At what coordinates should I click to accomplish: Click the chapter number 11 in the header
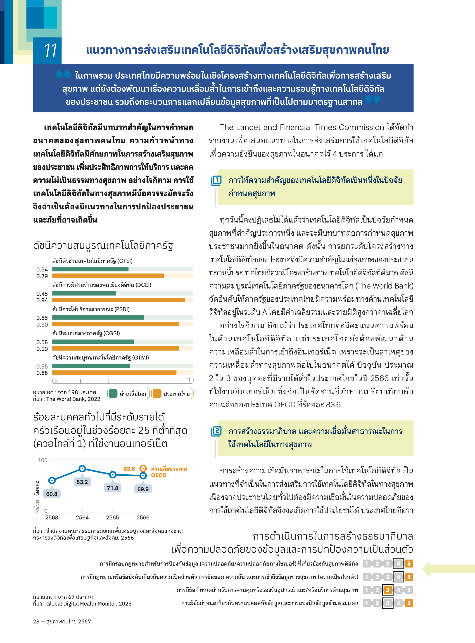click(51, 50)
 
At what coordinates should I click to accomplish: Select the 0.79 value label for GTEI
click(42, 276)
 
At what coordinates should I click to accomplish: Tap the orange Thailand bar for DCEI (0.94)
click(118, 300)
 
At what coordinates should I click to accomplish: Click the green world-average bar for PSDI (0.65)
click(98, 318)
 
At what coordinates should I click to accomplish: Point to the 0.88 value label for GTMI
click(42, 373)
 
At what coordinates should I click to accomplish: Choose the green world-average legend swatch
click(113, 394)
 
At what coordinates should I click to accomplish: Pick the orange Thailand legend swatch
click(157, 394)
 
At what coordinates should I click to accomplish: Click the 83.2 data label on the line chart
click(82, 482)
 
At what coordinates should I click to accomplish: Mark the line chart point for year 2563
click(52, 480)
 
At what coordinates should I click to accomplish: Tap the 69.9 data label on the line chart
click(143, 489)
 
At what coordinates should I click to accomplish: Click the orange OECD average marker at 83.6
click(143, 469)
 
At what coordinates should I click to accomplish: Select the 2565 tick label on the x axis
click(112, 517)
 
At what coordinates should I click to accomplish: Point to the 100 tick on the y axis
click(42, 460)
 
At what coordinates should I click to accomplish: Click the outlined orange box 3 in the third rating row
click(388, 590)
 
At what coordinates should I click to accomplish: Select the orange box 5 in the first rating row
click(409, 563)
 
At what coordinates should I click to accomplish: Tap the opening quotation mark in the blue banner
click(63, 74)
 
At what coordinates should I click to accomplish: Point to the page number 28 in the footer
click(36, 621)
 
